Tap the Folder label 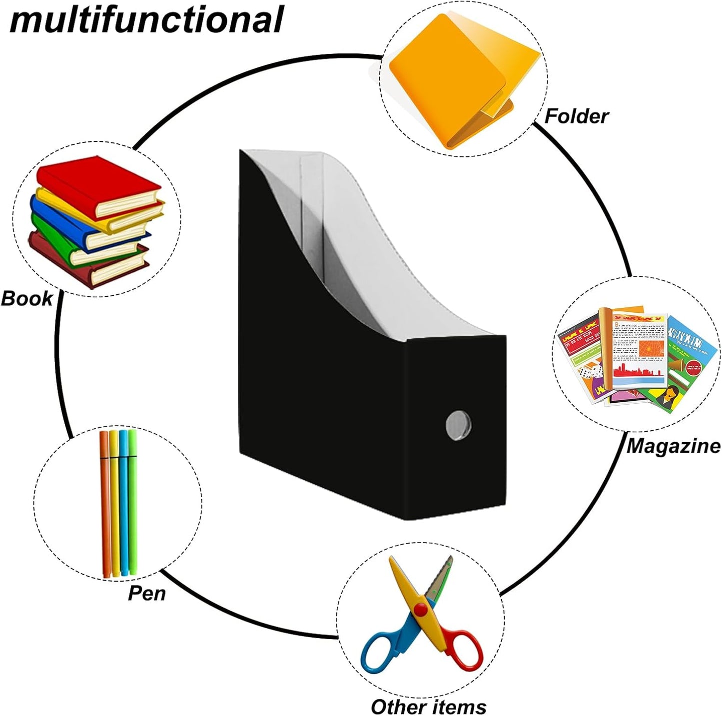[x=576, y=116]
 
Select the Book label [x=27, y=299]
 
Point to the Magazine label [x=674, y=446]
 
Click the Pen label [x=147, y=593]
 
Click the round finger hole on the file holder [x=458, y=425]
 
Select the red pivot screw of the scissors [x=421, y=609]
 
